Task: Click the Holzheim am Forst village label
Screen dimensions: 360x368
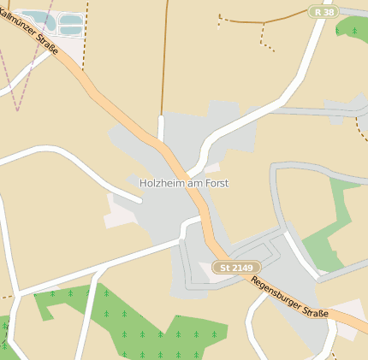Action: tap(184, 183)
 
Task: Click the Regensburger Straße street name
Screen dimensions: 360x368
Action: tap(290, 296)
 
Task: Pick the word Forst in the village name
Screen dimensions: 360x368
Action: tap(216, 183)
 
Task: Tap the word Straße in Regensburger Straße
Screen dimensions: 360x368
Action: tap(314, 309)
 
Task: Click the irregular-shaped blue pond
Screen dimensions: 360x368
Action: tap(34, 17)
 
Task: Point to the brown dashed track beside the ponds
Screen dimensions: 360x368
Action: tap(85, 26)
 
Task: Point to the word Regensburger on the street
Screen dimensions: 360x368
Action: tap(274, 287)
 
